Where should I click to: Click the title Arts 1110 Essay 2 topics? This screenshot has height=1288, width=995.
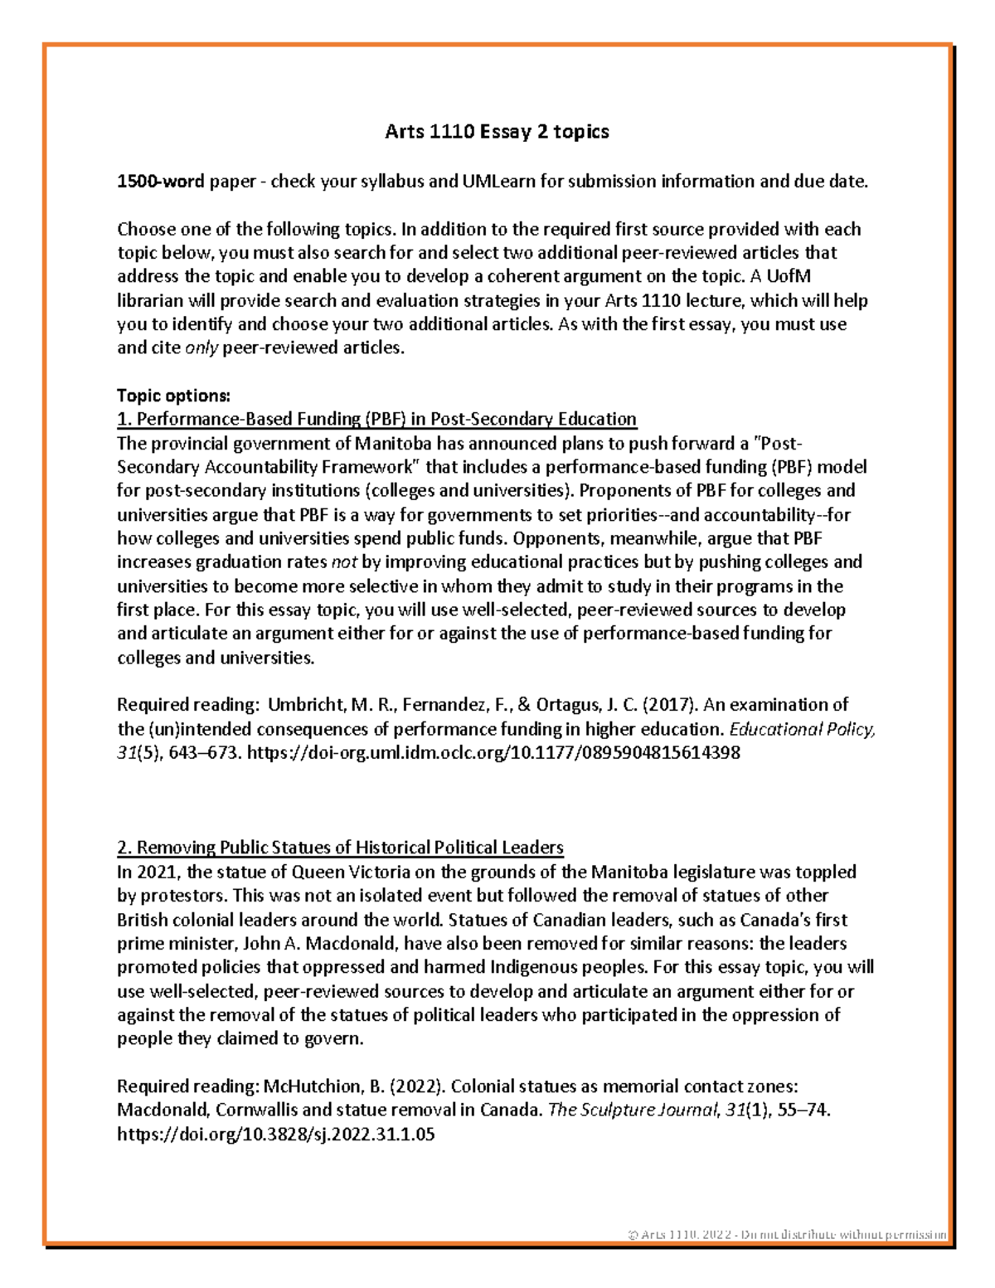[497, 131]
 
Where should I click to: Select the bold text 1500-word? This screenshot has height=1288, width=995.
[160, 181]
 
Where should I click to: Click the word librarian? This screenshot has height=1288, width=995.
[154, 300]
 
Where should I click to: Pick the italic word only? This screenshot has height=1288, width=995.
[201, 348]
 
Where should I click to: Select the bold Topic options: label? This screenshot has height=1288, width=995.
[173, 395]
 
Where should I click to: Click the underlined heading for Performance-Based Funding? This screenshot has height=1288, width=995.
[376, 419]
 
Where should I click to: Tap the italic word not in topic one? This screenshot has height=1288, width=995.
[343, 562]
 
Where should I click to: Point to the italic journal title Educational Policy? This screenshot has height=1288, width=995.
[801, 729]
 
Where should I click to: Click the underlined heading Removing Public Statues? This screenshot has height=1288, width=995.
[340, 848]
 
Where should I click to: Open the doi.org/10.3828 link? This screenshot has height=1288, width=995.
[275, 1135]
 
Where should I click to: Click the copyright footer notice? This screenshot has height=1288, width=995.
[786, 1234]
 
